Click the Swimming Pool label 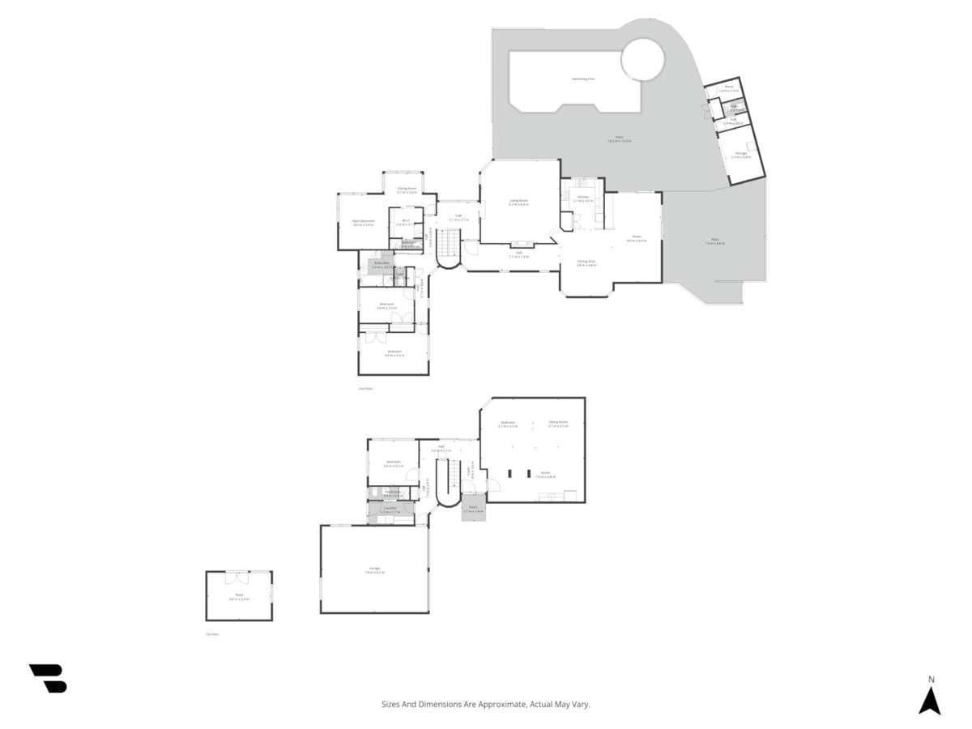click(583, 79)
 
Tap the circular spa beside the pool click(642, 59)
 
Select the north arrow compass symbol click(930, 700)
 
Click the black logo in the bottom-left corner click(49, 679)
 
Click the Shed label click(239, 595)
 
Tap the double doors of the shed click(237, 577)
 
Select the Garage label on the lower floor click(374, 569)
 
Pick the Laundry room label click(390, 508)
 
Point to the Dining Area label click(586, 261)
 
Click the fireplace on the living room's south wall click(519, 242)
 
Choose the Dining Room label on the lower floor click(557, 422)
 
